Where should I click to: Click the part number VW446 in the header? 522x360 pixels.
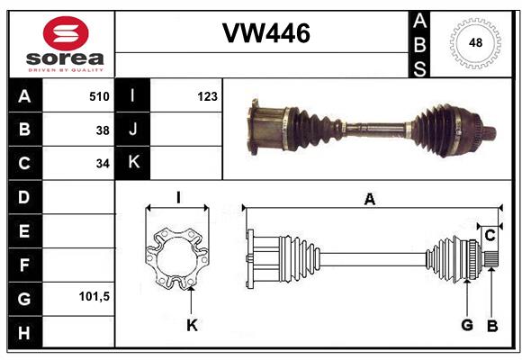pos(265,33)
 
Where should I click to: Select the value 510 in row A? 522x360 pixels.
pos(98,95)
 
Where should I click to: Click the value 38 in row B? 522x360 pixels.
pos(103,130)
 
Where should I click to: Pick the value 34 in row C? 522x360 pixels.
pos(103,164)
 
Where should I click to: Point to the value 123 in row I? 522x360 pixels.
pos(207,95)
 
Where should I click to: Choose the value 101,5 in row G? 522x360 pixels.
pos(94,296)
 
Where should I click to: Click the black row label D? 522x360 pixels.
pos(23,196)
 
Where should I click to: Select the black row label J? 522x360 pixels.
pos(132,130)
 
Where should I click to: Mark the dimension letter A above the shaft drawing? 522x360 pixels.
pos(369,200)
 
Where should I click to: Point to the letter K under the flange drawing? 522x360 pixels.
pos(191,325)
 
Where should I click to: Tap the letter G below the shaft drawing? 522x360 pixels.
pos(466,325)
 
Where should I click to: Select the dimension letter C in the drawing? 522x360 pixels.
pos(490,236)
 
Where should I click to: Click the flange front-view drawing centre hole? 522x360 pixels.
pos(177,262)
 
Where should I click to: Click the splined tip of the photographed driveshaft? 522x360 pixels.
pos(490,135)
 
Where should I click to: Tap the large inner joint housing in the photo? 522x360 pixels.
pos(267,127)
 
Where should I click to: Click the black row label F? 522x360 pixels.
pos(23,265)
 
